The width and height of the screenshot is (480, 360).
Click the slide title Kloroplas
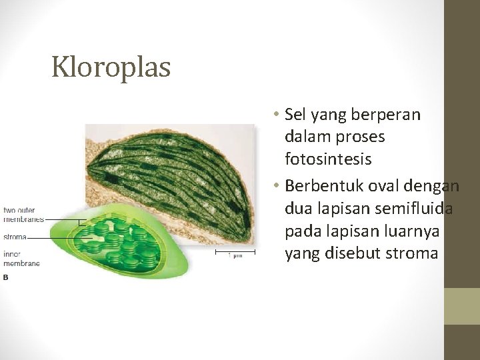tap(111, 67)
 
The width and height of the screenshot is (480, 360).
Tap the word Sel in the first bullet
tap(295, 115)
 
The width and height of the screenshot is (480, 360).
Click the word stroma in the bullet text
tap(411, 253)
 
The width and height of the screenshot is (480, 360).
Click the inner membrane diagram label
tap(21, 259)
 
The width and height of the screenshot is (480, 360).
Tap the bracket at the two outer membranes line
tap(81, 222)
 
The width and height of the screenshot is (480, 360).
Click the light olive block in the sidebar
tap(462, 306)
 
